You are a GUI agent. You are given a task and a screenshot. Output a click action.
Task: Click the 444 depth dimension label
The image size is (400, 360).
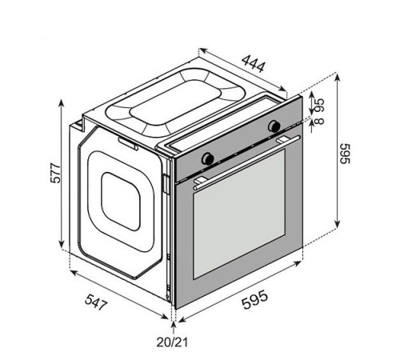point(254,64)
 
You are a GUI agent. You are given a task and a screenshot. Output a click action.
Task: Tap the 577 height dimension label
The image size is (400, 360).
point(55,173)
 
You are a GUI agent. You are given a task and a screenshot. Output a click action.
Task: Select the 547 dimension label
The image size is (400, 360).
point(96,302)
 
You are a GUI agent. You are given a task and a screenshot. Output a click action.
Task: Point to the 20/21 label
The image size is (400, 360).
point(172,342)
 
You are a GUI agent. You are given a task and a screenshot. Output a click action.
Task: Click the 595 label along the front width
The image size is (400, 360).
point(254,299)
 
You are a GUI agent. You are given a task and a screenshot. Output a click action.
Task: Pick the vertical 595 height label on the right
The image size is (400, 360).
point(344,154)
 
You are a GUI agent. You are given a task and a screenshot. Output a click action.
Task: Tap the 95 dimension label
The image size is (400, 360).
point(319,105)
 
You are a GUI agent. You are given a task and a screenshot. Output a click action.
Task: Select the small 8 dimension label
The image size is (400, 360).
point(319,121)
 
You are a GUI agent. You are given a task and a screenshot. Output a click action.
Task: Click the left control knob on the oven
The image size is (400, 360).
point(208,158)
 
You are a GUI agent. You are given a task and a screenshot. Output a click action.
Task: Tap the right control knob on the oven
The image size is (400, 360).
point(274,126)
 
